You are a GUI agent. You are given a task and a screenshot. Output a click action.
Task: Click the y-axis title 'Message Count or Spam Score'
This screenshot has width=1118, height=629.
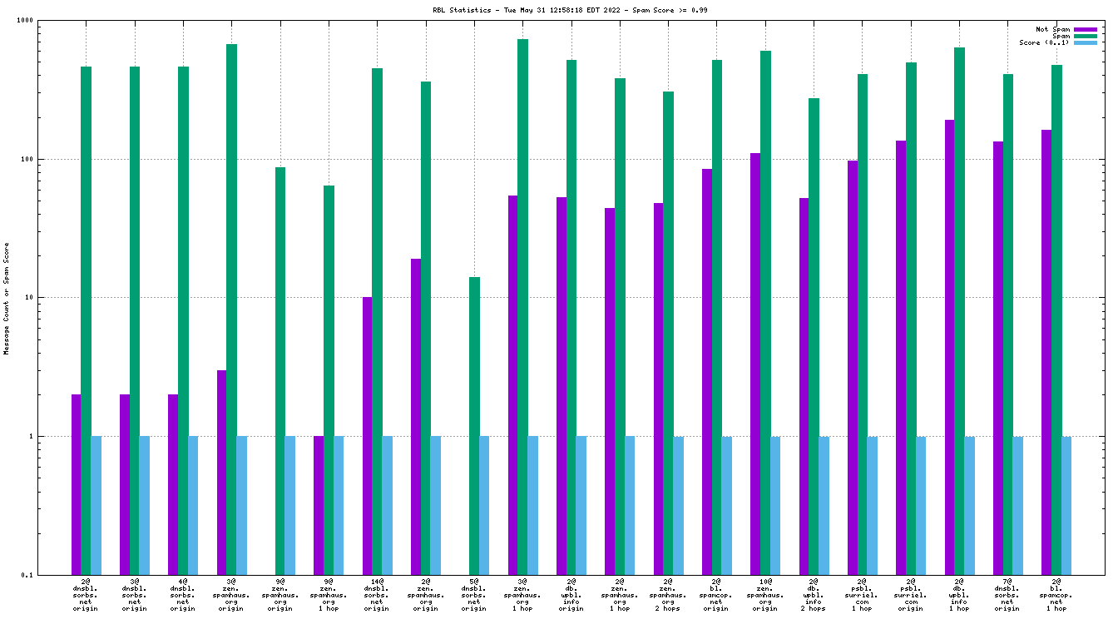pos(7,299)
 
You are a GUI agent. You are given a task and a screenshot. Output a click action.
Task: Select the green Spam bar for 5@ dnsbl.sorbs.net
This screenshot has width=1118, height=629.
pos(474,425)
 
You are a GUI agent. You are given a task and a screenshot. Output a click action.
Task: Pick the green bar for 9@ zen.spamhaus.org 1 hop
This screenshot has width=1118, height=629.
pos(329,379)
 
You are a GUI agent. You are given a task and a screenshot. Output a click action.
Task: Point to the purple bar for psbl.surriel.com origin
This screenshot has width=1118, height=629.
pos(901,357)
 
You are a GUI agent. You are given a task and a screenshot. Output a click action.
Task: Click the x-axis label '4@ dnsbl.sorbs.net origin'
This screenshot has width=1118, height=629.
pos(183,596)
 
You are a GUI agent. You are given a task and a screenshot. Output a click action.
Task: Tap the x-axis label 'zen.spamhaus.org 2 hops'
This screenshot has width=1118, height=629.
pos(668,596)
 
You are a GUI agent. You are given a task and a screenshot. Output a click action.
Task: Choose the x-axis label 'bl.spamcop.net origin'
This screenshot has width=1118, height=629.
pos(716,596)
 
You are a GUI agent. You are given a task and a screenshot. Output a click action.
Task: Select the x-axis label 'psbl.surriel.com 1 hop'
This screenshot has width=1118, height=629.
pos(862,596)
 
